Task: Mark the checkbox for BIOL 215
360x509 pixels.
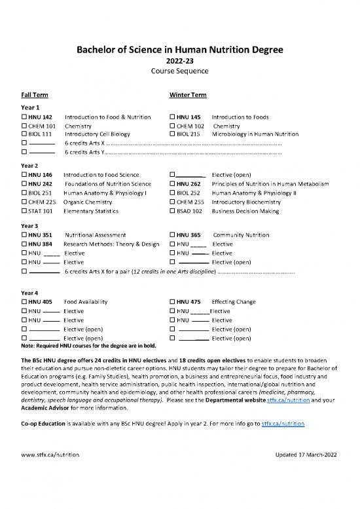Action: click(172, 135)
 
